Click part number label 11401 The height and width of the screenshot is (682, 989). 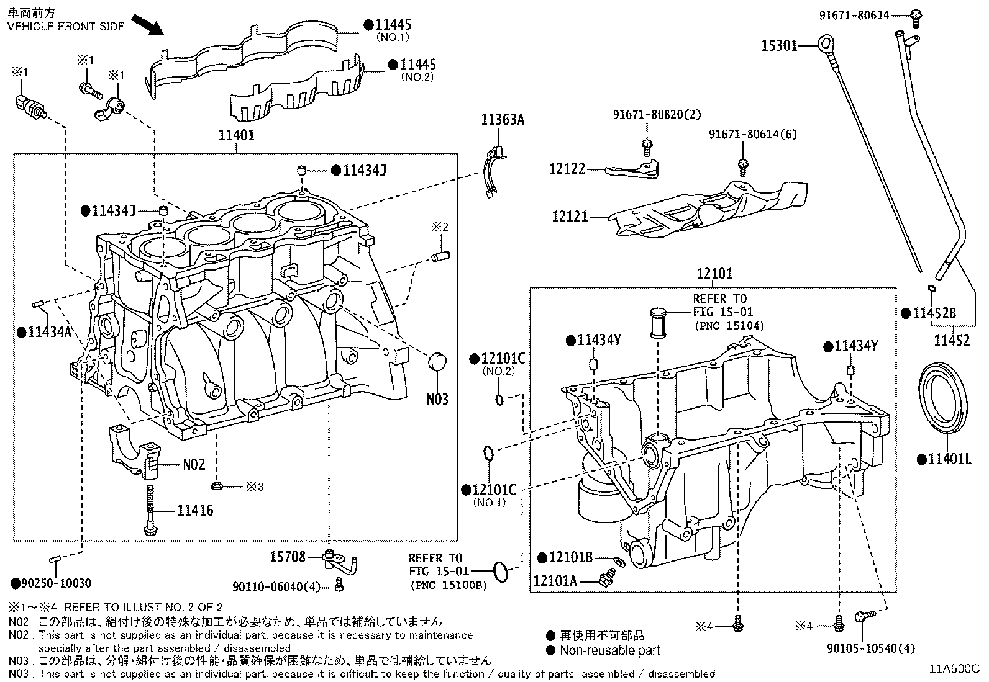click(x=236, y=135)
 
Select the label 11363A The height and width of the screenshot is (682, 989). click(x=502, y=120)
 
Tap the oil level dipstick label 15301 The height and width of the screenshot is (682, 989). click(x=779, y=45)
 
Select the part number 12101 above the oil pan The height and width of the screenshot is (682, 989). click(x=714, y=274)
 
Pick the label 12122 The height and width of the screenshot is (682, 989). click(x=567, y=169)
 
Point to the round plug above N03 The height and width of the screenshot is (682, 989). click(x=437, y=363)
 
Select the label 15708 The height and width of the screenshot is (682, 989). click(x=288, y=557)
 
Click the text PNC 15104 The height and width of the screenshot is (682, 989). click(x=729, y=326)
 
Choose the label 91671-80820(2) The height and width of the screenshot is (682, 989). click(x=647, y=114)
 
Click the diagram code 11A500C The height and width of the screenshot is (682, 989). click(x=954, y=670)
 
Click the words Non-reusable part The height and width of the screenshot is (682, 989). click(x=609, y=650)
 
